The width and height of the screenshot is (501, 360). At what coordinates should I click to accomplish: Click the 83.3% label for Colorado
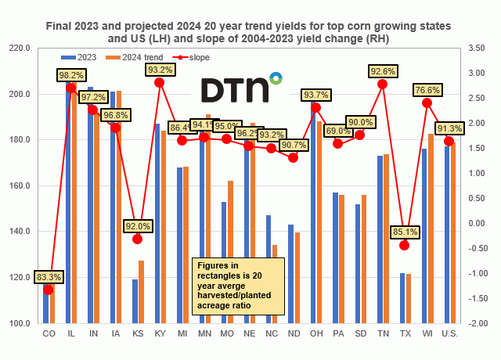48,275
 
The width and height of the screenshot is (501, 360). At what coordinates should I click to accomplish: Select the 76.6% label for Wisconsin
427,89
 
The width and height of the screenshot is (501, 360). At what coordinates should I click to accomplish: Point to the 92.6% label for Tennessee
383,70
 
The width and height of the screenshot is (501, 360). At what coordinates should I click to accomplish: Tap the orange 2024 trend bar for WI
431,229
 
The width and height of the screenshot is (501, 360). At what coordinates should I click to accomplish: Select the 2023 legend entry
79,57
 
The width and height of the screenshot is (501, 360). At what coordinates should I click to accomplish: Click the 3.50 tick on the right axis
475,49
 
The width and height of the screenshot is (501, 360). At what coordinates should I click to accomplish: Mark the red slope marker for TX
405,245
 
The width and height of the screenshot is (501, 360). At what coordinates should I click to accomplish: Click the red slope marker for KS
137,239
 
